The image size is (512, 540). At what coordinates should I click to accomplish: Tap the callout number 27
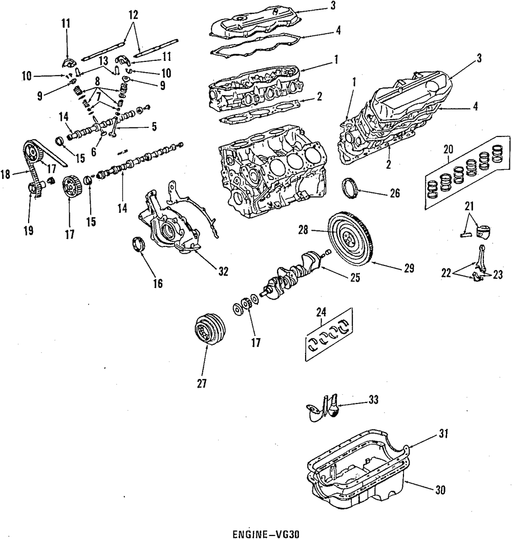tap(202, 382)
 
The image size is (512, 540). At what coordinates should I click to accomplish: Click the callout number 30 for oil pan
tap(439, 489)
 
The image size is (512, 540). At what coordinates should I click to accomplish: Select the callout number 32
tap(222, 272)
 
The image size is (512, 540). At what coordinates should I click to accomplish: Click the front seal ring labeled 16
tap(139, 244)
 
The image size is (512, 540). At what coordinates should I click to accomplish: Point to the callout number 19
tap(28, 231)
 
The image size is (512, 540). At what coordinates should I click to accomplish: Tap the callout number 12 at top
tap(133, 16)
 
